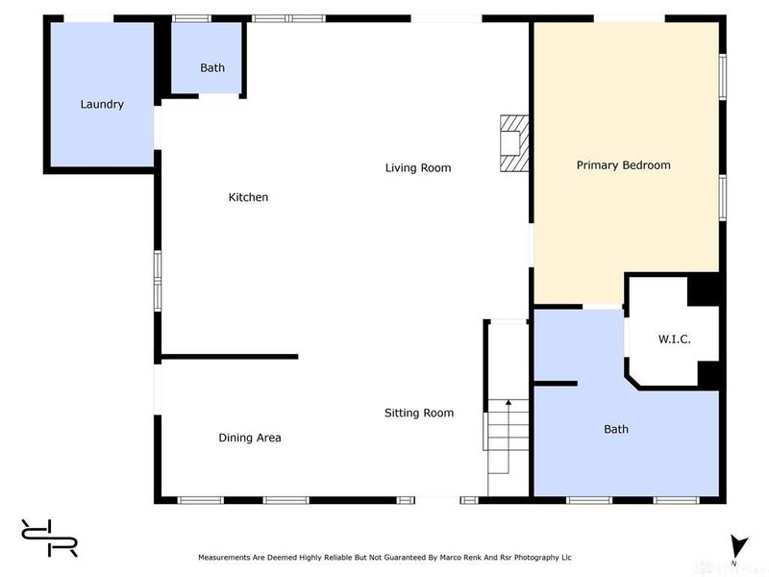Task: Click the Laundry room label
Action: (102, 104)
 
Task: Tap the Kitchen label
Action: (248, 197)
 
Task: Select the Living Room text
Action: (418, 167)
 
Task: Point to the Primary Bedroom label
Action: (623, 165)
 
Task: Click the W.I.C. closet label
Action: (675, 339)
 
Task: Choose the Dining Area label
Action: (250, 438)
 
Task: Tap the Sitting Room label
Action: (419, 414)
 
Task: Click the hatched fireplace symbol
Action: (514, 143)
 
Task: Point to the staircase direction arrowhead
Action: (509, 402)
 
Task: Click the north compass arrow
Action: (738, 546)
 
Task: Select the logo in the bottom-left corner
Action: (49, 538)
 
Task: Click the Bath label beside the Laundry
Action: (212, 67)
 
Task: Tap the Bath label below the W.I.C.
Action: (616, 429)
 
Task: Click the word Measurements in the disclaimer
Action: (224, 558)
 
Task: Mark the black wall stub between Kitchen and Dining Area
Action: (230, 357)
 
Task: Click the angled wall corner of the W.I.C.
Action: (633, 382)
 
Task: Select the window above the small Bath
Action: (191, 18)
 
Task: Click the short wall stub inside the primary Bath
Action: (556, 384)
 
